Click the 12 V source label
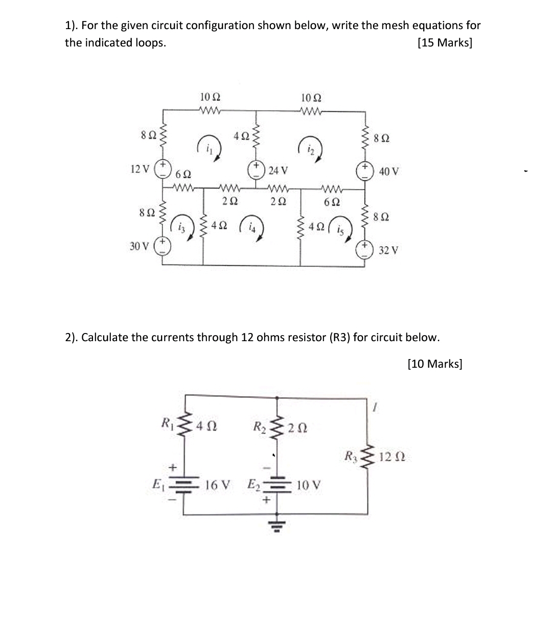point(140,169)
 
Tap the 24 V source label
point(278,170)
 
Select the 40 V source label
point(389,172)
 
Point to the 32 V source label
point(389,250)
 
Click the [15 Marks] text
point(444,42)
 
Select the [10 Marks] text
point(435,364)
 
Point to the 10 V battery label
point(309,484)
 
